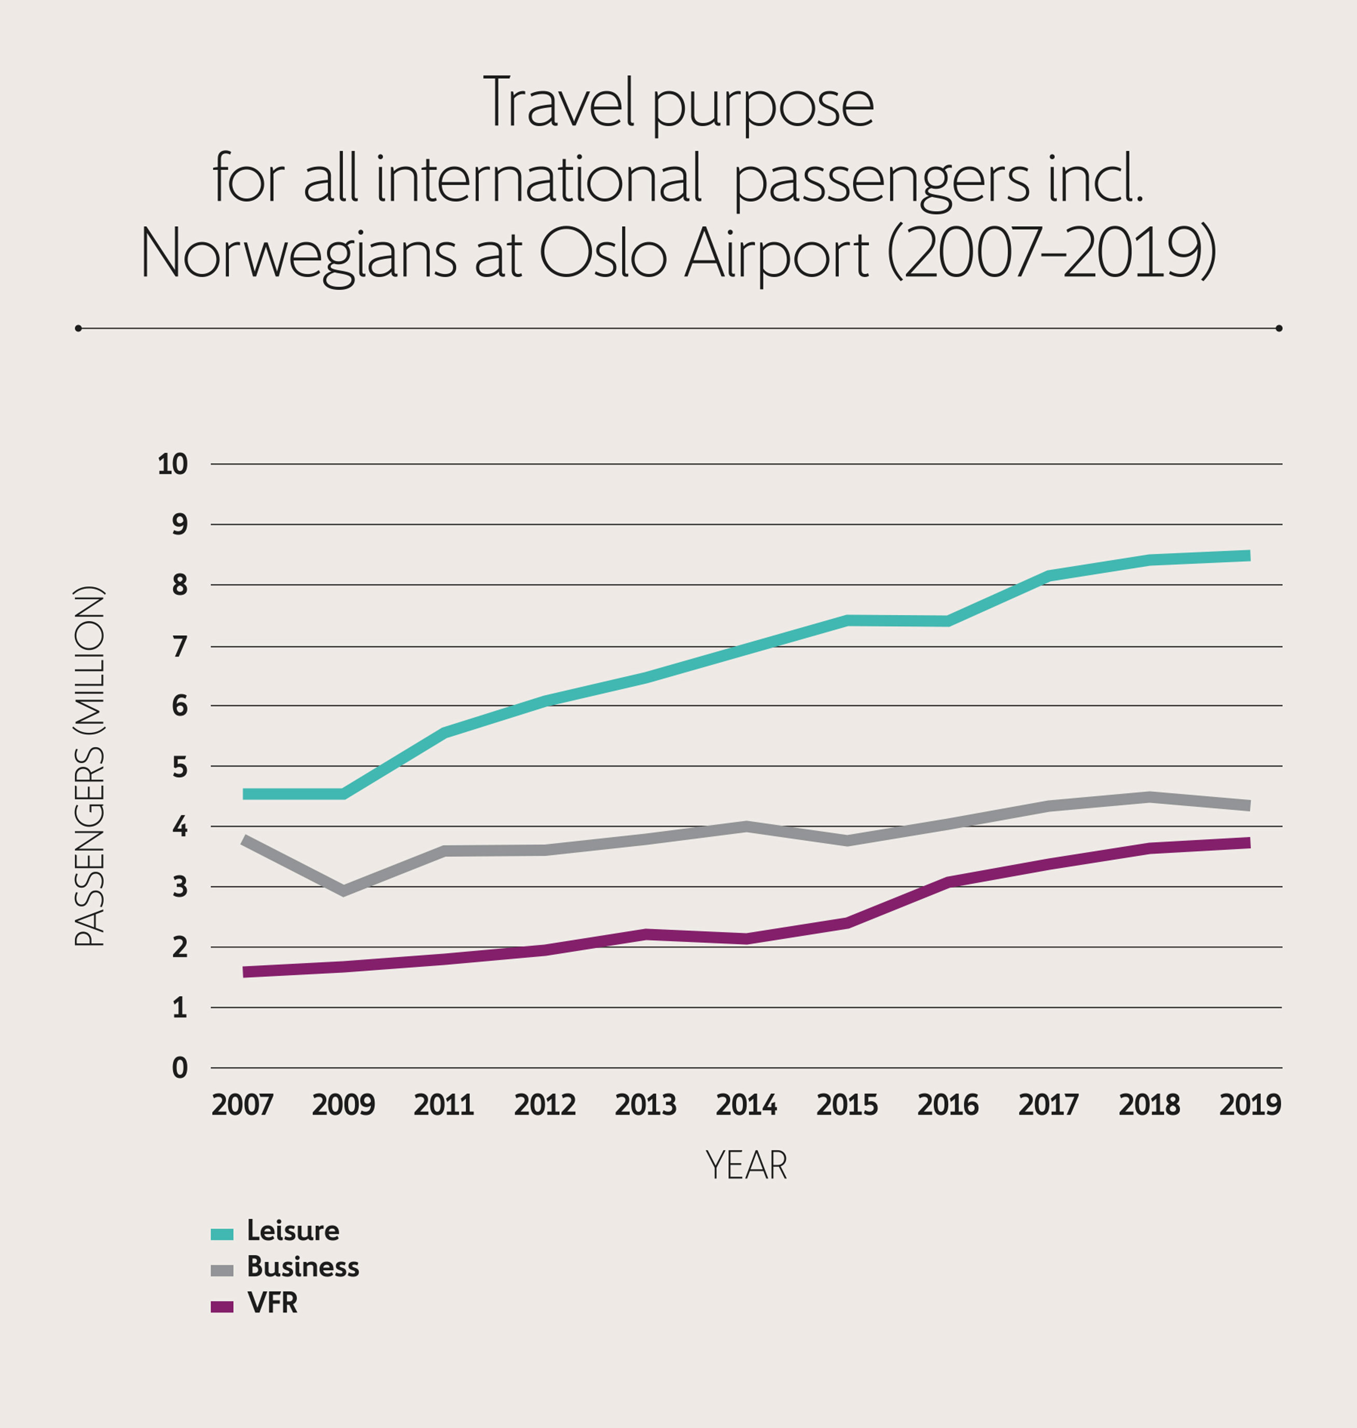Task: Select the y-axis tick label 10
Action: [173, 464]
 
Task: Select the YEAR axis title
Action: [746, 1165]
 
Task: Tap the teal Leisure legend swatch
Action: [222, 1233]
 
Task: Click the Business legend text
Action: [302, 1267]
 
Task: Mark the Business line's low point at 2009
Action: [343, 890]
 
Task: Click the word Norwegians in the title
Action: [298, 255]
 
